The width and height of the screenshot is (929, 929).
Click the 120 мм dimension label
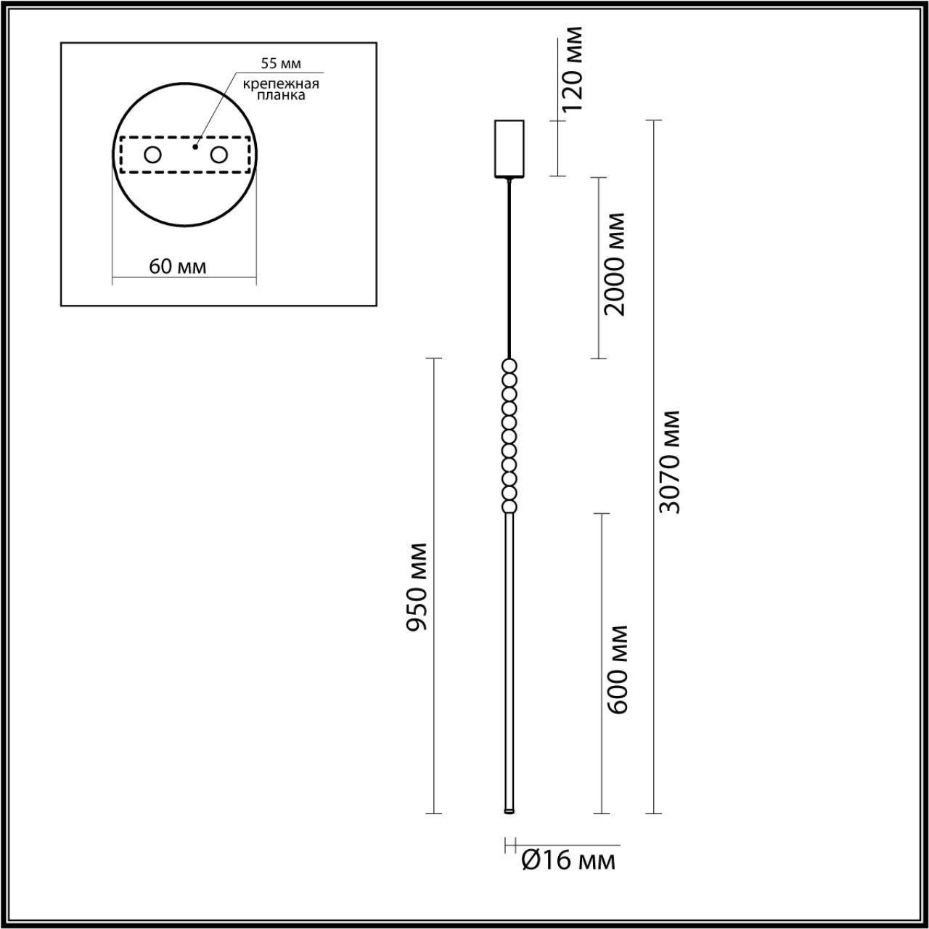tap(573, 68)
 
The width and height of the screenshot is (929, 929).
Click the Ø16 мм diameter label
tap(568, 861)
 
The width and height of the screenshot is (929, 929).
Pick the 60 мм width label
tap(178, 266)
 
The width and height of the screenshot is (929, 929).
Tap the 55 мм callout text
tap(281, 64)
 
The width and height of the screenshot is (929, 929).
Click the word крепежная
tap(281, 83)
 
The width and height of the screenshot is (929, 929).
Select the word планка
tap(281, 95)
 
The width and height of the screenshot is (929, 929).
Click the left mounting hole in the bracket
tap(152, 155)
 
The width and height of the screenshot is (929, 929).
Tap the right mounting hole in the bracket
tap(218, 155)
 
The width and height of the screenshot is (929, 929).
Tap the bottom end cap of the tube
tap(509, 810)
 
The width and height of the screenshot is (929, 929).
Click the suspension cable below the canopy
tap(509, 269)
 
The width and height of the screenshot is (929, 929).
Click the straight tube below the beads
tap(509, 653)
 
